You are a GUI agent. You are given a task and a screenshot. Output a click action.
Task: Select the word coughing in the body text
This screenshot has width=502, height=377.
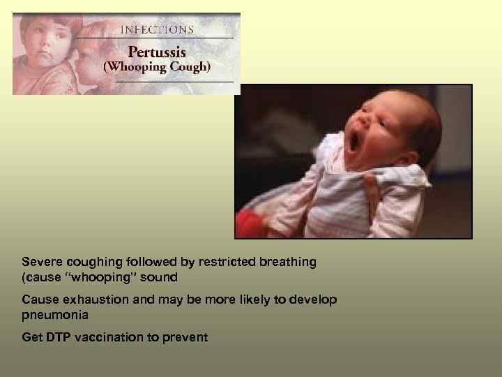(x=90, y=262)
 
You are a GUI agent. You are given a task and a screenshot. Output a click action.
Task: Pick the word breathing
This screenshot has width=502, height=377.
(x=288, y=262)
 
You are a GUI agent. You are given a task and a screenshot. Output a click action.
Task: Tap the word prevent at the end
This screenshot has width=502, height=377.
(x=185, y=337)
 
